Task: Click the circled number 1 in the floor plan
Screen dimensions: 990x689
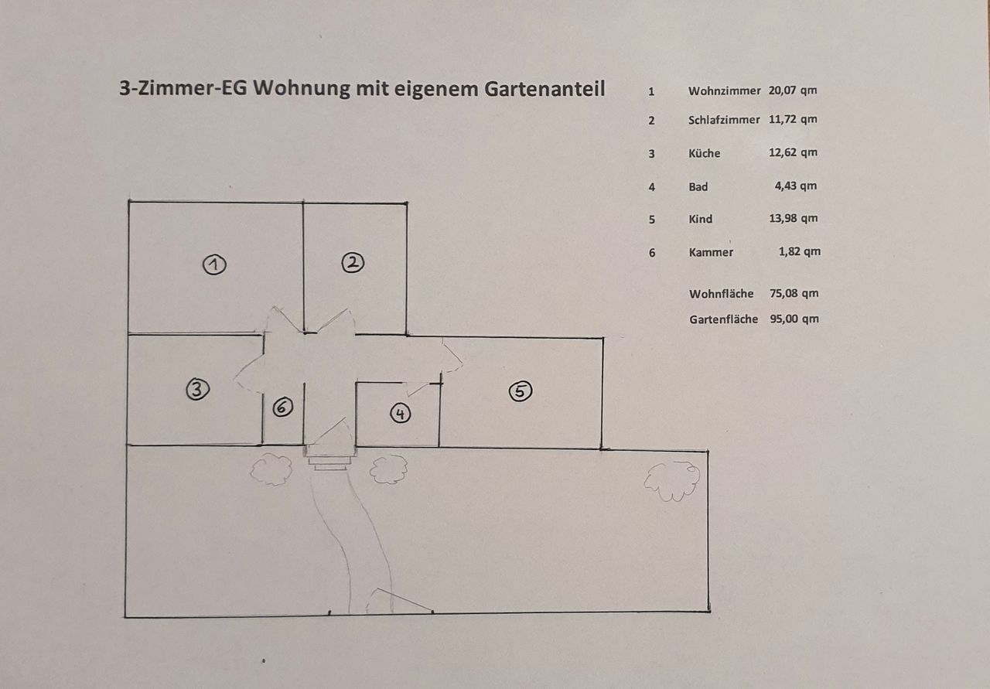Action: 214,264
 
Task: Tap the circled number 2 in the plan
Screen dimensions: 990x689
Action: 353,263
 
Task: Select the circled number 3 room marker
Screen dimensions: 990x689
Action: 197,390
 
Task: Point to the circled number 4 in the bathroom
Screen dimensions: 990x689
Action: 401,414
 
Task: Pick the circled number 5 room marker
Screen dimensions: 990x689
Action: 521,391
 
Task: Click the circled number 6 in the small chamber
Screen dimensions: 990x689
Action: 283,407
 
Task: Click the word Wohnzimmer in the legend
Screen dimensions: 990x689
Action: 725,91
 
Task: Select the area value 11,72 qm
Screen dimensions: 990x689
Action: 793,119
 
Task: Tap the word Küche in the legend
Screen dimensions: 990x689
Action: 705,153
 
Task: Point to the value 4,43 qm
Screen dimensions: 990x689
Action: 796,186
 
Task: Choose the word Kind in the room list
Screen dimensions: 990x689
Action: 701,219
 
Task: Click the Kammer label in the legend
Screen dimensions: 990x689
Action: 711,252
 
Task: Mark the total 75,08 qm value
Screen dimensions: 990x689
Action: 794,293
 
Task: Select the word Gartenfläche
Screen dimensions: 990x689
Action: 723,319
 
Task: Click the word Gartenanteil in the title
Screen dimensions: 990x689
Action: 544,89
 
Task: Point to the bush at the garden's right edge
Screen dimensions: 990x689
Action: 672,482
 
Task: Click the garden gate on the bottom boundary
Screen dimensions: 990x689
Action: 400,601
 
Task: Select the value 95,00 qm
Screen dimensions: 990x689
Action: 794,319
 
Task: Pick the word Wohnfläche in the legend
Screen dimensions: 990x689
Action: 722,294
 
